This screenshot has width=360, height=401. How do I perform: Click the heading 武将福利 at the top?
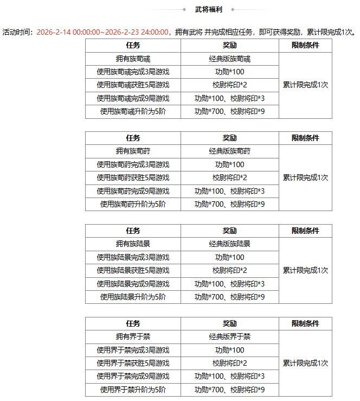[208, 9]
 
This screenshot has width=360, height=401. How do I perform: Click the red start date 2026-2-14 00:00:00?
[68, 33]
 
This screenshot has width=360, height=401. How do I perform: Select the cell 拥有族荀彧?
[133, 59]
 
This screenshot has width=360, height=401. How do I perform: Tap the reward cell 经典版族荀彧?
[229, 59]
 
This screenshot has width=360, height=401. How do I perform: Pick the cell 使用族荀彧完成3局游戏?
[133, 72]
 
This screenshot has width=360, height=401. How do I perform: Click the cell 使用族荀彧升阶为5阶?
[133, 112]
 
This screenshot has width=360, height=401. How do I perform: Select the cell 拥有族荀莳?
[133, 151]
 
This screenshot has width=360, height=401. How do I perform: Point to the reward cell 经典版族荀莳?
[229, 151]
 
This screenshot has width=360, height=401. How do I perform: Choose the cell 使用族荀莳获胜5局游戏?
[133, 178]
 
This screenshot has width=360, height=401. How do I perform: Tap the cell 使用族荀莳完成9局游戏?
[133, 191]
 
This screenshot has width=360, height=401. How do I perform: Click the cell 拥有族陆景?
[133, 244]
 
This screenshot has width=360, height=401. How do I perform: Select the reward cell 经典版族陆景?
[229, 244]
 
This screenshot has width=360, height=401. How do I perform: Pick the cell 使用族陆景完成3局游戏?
[133, 257]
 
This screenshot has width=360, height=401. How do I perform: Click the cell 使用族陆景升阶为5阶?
[133, 297]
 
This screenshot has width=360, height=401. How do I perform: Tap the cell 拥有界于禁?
[133, 337]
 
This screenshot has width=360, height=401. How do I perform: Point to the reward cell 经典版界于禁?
[229, 337]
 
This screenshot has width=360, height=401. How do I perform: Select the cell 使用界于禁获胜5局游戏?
[133, 363]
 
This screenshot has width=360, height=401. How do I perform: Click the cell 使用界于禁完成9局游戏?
[133, 376]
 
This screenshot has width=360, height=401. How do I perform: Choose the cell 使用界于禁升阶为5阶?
[133, 390]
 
